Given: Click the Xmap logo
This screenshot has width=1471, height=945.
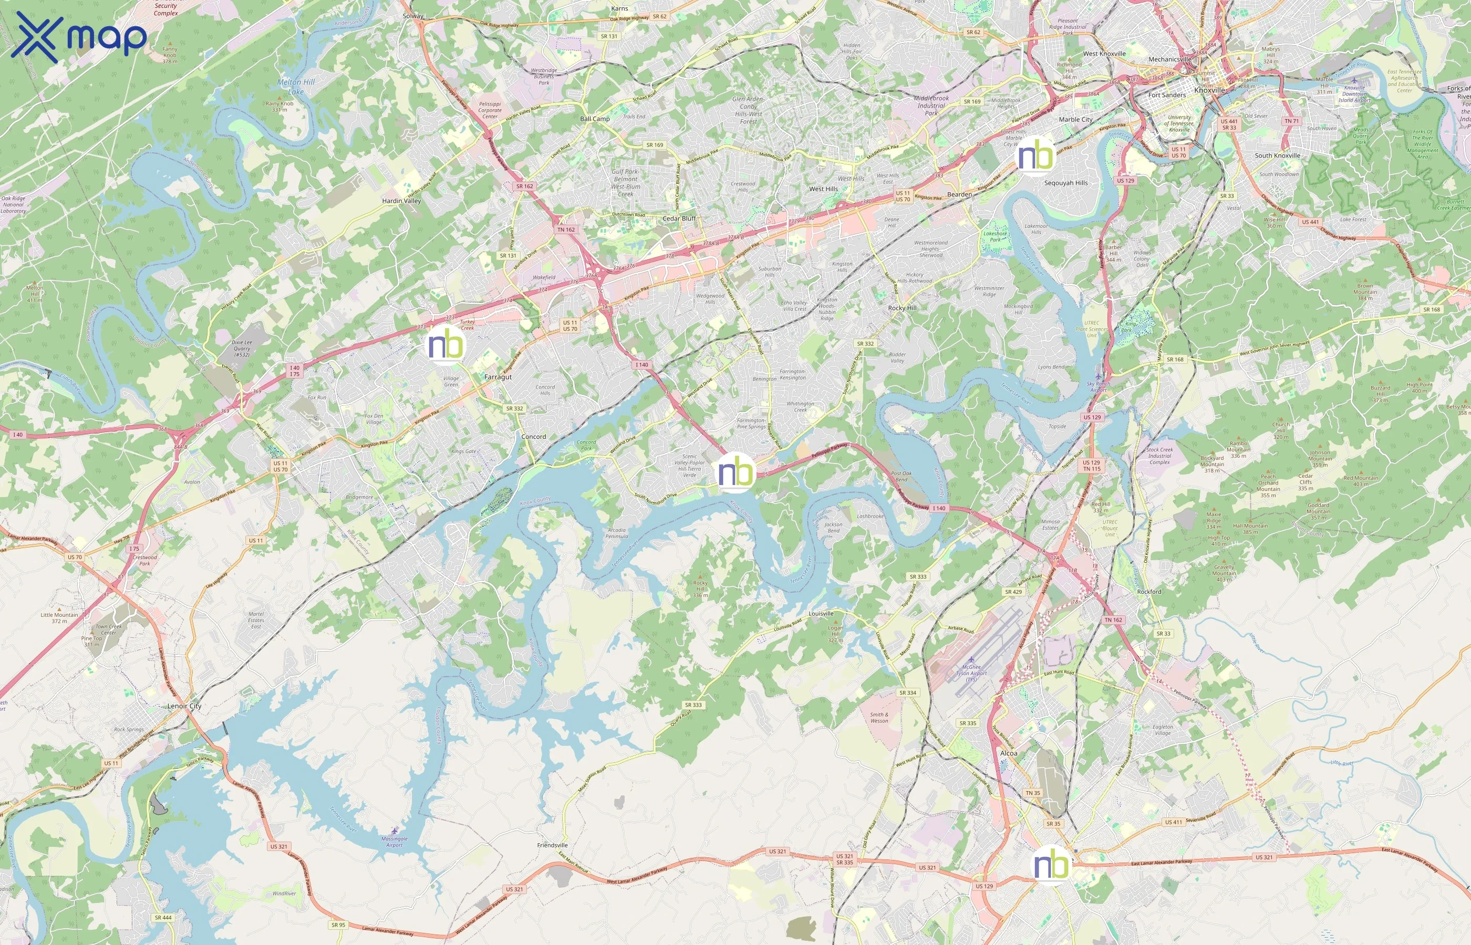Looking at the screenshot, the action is (x=79, y=37).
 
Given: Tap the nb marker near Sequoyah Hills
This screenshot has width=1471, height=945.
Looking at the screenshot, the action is (x=1035, y=155).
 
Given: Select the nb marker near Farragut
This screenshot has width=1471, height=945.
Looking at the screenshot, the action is (x=446, y=345).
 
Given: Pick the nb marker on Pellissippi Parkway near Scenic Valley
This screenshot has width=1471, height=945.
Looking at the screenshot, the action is (x=735, y=472).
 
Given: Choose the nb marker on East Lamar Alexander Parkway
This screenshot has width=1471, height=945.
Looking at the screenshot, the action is (x=1051, y=865).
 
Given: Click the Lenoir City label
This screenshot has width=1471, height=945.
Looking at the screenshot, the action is (x=184, y=706).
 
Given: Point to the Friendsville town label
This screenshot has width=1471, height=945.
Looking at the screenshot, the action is (x=552, y=845).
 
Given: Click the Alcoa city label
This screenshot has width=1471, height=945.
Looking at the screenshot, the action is (x=1009, y=753).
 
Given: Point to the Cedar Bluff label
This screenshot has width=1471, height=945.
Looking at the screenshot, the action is (x=679, y=218).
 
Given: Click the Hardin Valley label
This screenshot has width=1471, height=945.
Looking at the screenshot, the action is (x=401, y=201).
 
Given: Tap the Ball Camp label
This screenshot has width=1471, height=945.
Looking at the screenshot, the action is (x=594, y=119).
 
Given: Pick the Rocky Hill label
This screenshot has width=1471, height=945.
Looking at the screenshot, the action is (x=902, y=308).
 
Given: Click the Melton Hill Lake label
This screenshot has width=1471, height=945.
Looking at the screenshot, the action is (x=296, y=87).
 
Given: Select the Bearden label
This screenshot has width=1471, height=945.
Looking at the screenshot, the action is (x=959, y=195).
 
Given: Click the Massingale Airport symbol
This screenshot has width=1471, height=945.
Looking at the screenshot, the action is (x=394, y=831).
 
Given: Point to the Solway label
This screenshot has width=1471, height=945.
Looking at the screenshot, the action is (x=413, y=16).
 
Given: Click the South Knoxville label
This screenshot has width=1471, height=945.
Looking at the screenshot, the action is (x=1277, y=155).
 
